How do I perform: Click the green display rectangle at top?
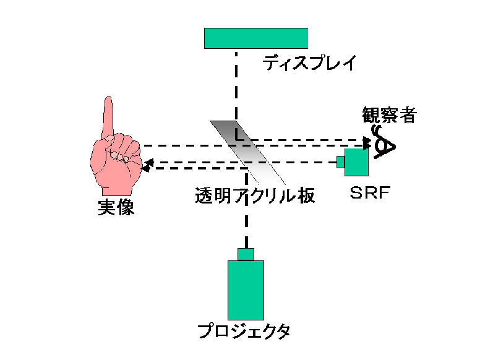coord(256,38)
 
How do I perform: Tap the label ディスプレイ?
coord(309,63)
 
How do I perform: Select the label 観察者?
coord(389,115)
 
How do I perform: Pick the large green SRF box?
coord(357,162)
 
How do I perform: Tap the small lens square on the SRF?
coord(341,162)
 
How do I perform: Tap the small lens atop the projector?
coord(246,254)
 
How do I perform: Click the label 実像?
coord(116,208)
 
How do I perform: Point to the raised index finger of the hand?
coord(109,115)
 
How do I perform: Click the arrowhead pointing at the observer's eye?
coord(367,143)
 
